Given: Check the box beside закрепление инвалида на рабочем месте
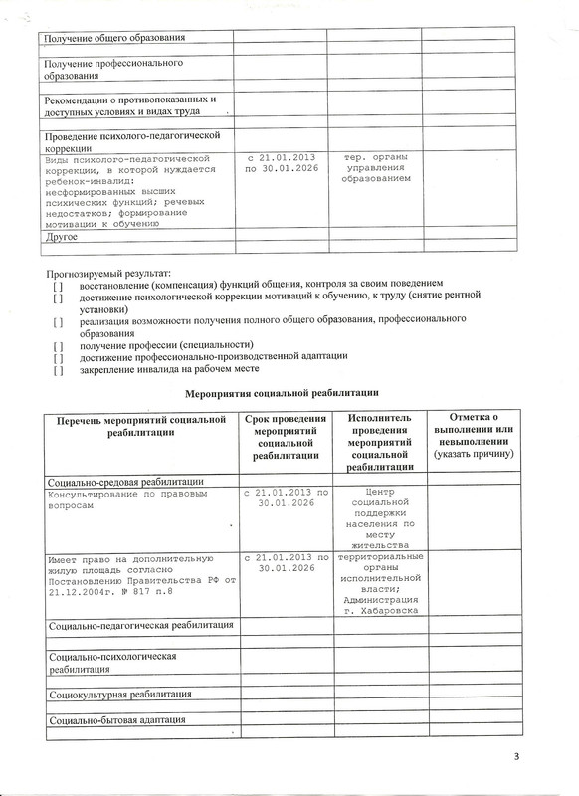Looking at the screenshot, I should coord(59,371).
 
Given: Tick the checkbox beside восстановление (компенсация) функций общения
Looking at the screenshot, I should coord(59,285).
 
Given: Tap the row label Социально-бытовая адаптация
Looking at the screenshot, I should coord(117,720).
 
